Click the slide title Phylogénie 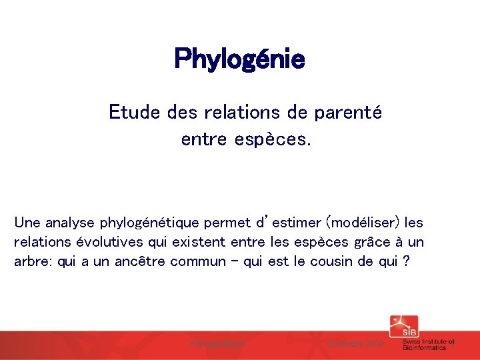(x=239, y=59)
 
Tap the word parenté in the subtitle (x=354, y=112)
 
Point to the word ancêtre (x=140, y=261)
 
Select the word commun (x=198, y=261)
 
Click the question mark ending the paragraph (x=405, y=261)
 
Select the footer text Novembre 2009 (x=354, y=343)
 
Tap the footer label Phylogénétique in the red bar (x=218, y=343)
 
